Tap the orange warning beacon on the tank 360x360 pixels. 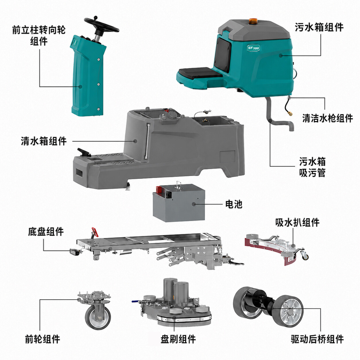point(253,21)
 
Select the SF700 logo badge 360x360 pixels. point(253,48)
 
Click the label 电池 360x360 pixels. point(234,204)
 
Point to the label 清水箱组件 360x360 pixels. point(44,141)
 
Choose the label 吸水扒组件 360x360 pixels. point(297,222)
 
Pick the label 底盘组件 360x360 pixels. point(46,232)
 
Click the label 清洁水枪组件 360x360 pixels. point(328,118)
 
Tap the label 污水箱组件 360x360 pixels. point(319,27)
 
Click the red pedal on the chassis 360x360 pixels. point(95,232)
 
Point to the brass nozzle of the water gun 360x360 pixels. point(290,113)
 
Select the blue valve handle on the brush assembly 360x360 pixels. point(135,301)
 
